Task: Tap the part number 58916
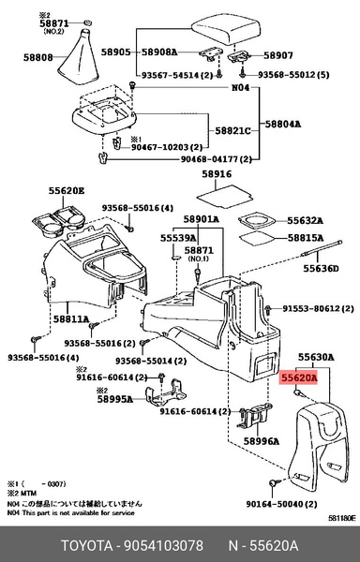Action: pyautogui.click(x=217, y=174)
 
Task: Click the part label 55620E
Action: pyautogui.click(x=67, y=190)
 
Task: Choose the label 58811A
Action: pyautogui.click(x=69, y=318)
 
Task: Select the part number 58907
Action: pyautogui.click(x=279, y=54)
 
